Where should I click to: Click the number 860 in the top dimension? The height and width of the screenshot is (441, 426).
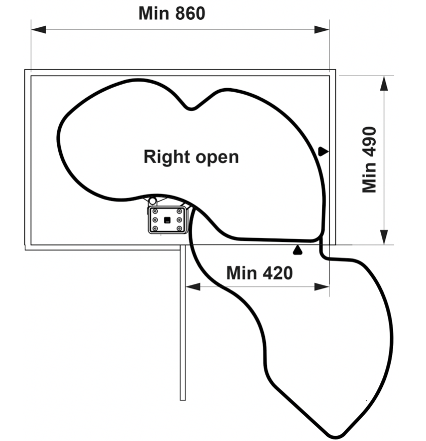pos(190,13)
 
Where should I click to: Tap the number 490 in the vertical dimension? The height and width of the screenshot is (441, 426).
pos(369,141)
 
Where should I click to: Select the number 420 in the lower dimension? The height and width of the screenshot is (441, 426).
pos(278,273)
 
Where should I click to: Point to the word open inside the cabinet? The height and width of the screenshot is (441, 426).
pos(217,158)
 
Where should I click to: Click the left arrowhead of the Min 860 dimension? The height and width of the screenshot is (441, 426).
pos(39,29)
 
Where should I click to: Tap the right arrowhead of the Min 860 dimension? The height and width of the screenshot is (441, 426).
pos(322,29)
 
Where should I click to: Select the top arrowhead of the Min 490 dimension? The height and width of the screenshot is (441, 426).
pos(384,83)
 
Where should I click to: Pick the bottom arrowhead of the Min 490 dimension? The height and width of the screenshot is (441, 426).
pos(384,237)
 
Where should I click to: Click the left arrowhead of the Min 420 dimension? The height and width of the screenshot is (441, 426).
pos(193,287)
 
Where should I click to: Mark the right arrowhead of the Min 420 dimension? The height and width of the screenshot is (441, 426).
pos(322,287)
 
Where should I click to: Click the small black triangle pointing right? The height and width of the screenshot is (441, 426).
pos(323,152)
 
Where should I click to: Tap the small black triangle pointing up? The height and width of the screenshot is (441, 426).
pos(297,250)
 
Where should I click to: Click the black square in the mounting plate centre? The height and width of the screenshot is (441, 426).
pos(167,220)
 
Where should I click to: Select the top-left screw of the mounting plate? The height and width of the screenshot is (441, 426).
pos(155,211)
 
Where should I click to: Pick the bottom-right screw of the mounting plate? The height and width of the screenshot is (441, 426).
pos(179,229)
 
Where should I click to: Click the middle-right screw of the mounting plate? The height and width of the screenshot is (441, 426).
pos(179,219)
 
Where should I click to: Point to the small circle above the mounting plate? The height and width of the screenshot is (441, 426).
pos(152,201)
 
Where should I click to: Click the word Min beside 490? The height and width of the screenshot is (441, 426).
pos(369,178)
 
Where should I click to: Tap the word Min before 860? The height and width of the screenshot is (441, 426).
pos(154,13)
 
